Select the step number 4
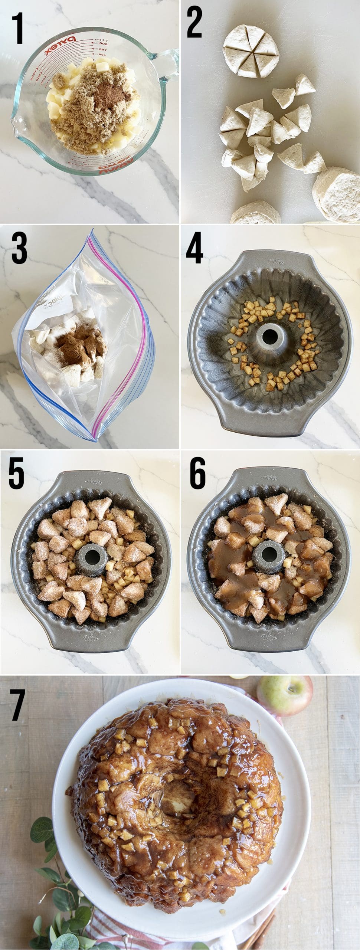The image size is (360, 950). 194,248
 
